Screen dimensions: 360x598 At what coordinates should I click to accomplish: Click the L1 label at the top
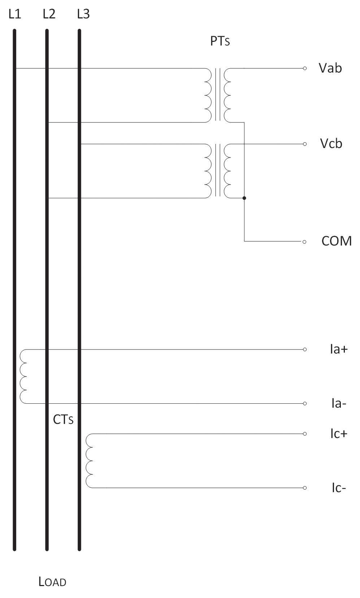click(15, 14)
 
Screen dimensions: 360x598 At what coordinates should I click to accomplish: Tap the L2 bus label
click(49, 14)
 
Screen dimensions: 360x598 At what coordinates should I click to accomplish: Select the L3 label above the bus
click(83, 14)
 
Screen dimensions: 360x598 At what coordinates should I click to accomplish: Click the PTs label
click(220, 41)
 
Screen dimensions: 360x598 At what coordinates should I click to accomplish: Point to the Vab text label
click(330, 68)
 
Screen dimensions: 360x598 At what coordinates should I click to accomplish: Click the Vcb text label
click(331, 144)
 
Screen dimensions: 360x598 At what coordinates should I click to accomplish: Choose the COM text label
click(337, 241)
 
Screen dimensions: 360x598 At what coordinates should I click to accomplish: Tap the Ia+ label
click(339, 349)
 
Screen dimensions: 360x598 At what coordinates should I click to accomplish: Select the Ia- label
click(339, 403)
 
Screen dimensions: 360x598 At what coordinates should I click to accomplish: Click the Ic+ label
click(339, 434)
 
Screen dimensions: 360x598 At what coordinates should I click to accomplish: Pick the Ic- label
click(339, 488)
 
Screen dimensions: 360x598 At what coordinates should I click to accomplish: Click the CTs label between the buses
click(63, 420)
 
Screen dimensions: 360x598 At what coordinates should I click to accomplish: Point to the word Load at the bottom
click(52, 582)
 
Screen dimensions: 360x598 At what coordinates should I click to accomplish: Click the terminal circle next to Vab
click(305, 68)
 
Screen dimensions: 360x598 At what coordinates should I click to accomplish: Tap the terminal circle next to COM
click(304, 242)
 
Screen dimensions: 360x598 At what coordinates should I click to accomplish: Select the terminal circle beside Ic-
click(305, 488)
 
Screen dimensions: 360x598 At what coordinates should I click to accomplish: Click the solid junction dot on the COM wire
click(244, 198)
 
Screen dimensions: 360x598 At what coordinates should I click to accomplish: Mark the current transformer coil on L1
click(23, 376)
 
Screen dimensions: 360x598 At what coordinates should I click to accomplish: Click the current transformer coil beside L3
click(89, 461)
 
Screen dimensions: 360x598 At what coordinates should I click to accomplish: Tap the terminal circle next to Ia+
click(305, 350)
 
